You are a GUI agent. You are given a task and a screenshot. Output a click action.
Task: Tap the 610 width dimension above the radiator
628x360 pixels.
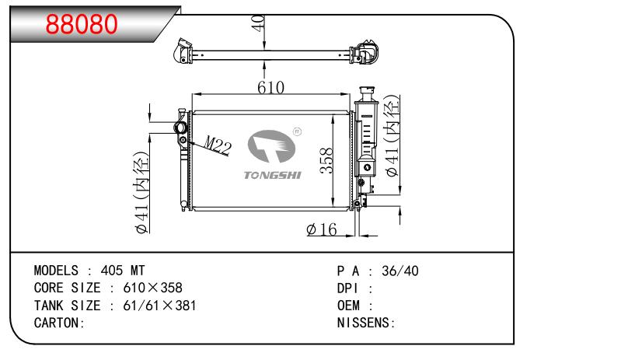coord(270,87)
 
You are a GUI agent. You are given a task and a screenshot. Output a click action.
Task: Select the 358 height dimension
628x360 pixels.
coord(328,161)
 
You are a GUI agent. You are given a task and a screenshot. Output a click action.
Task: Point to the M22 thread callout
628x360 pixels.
coord(218,145)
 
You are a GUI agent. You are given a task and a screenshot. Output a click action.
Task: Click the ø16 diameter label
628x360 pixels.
coord(322,229)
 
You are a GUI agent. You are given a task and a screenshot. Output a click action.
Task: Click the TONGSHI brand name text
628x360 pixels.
coord(272,176)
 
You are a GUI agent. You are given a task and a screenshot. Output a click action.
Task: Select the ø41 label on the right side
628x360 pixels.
coord(393,135)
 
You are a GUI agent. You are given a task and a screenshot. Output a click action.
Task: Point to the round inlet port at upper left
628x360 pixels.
coord(180,128)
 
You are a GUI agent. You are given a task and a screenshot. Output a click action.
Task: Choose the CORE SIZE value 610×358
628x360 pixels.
coord(153,288)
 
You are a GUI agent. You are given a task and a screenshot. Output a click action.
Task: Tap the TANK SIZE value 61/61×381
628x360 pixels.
coord(159,305)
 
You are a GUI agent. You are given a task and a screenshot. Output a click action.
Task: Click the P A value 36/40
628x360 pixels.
coord(399,271)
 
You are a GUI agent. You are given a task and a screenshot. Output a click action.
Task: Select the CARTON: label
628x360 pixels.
coord(58,322)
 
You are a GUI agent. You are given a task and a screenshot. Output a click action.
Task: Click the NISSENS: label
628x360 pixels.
coord(367,322)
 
